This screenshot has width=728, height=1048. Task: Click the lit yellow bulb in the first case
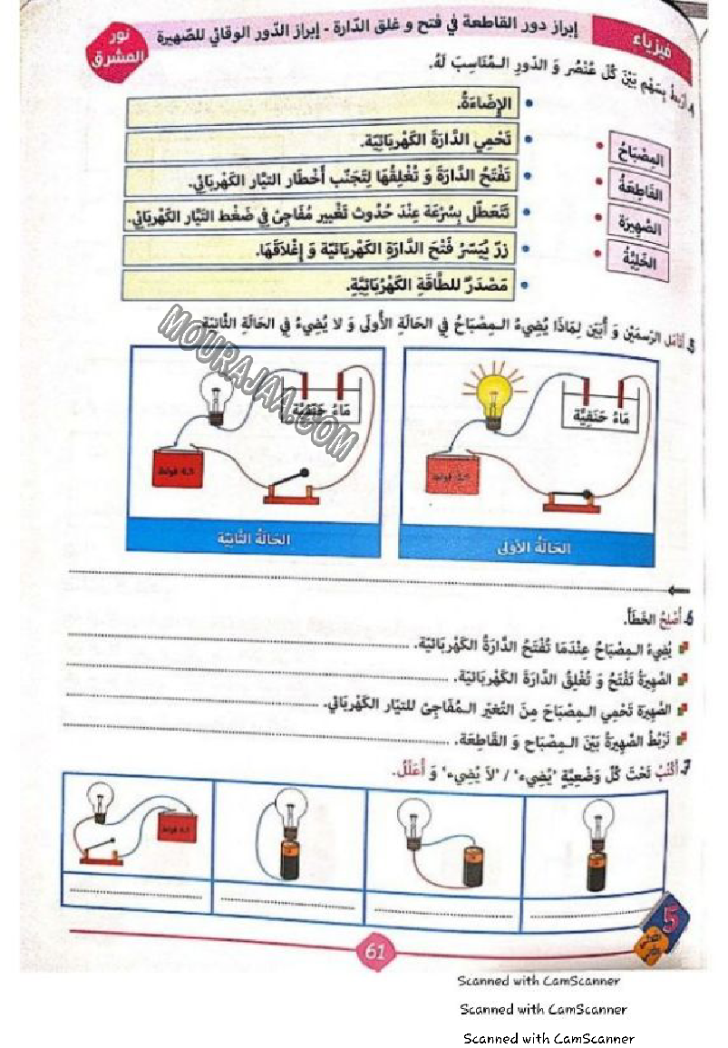coord(493,391)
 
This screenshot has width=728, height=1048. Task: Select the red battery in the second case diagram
coord(177,468)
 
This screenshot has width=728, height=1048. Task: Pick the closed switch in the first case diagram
coord(567,500)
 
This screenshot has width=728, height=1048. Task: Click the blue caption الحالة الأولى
coord(527,546)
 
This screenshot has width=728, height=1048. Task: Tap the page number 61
coord(374,952)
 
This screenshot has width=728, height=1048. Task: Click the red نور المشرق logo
coord(117,53)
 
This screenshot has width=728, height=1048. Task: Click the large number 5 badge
coord(672,921)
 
